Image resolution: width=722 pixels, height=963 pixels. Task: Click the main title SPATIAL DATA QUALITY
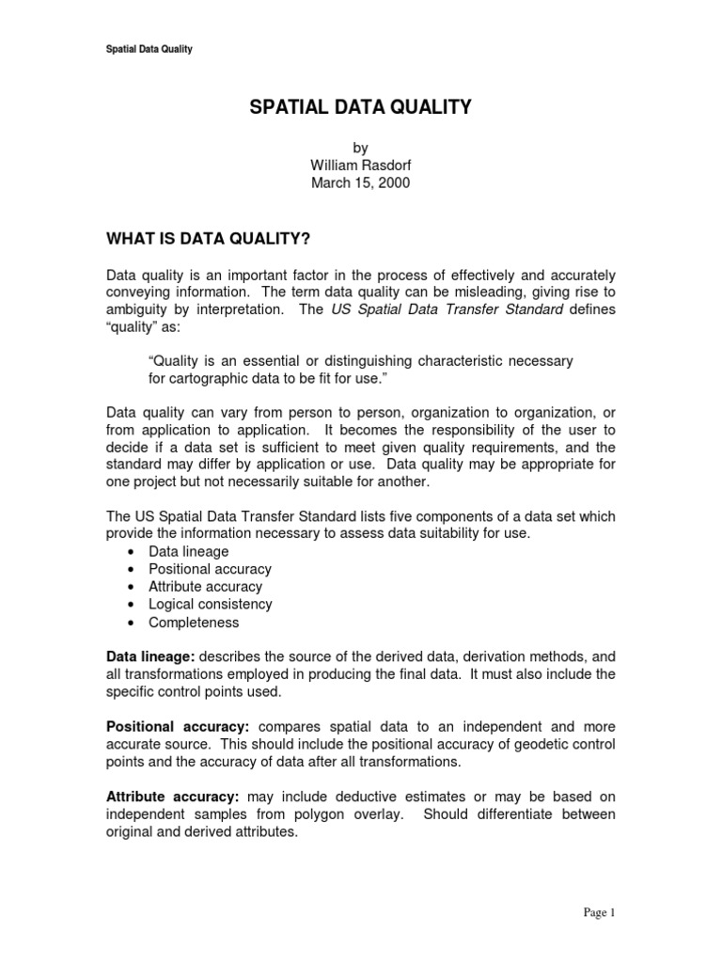(x=360, y=108)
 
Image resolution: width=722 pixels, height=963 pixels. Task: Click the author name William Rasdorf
(x=360, y=166)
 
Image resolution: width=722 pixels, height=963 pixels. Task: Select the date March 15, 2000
(x=360, y=183)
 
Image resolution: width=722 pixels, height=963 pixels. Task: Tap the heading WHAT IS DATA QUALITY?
(x=208, y=239)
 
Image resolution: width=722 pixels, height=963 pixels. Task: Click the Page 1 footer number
(x=598, y=912)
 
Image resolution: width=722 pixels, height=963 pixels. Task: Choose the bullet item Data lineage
(x=188, y=551)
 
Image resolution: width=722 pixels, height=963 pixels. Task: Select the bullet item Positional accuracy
(x=210, y=569)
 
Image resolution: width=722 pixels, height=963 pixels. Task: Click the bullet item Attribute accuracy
(x=205, y=587)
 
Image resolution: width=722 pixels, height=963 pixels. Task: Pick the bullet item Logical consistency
(x=210, y=605)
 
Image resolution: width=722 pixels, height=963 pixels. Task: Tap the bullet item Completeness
(x=194, y=623)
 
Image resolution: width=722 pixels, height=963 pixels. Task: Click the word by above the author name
(x=360, y=148)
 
